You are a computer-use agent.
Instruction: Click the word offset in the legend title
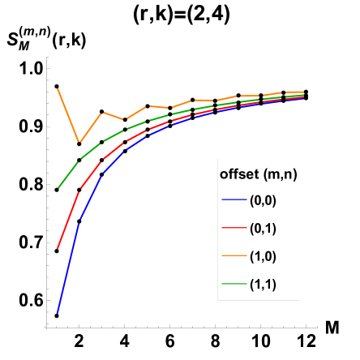point(238,174)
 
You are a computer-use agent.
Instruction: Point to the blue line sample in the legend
point(234,200)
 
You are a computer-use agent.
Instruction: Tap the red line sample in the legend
point(234,229)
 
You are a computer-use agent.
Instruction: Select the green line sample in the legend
point(234,284)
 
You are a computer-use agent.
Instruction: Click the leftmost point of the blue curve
point(58,312)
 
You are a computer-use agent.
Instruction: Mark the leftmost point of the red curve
point(58,249)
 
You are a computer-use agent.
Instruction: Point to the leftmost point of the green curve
point(58,188)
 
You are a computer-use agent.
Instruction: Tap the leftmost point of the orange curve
point(58,88)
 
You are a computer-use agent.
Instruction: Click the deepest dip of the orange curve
point(79,143)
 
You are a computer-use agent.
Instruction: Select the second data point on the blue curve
point(79,220)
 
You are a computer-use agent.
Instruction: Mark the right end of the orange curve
point(304,92)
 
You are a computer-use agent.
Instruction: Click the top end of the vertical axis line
point(48,57)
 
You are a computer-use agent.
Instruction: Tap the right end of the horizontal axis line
point(317,328)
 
